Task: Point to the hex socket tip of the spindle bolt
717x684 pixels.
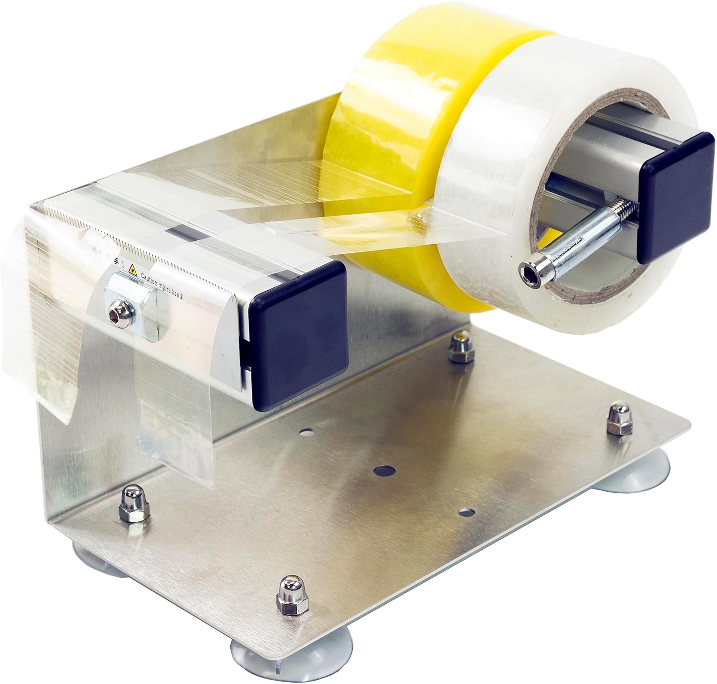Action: [530, 265]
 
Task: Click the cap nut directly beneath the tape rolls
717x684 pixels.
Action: [459, 344]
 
